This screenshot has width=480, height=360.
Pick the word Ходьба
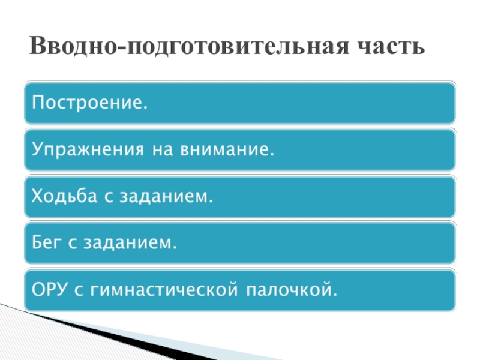(61, 196)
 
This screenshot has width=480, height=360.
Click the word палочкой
(290, 291)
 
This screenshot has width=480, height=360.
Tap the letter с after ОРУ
(79, 291)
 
